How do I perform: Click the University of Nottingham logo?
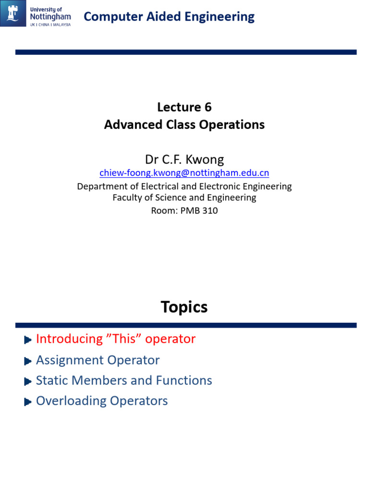pyautogui.click(x=36, y=13)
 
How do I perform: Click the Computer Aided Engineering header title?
pyautogui.click(x=169, y=17)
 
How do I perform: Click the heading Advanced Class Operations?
pyautogui.click(x=184, y=125)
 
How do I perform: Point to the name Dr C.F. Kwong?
pyautogui.click(x=184, y=159)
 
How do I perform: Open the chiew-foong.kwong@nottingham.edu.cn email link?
pyautogui.click(x=184, y=173)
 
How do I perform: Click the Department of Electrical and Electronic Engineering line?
pyautogui.click(x=184, y=186)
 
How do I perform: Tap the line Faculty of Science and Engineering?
pyautogui.click(x=184, y=198)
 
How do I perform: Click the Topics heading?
pyautogui.click(x=184, y=307)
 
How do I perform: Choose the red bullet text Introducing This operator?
pyautogui.click(x=116, y=339)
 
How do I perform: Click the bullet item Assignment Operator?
pyautogui.click(x=98, y=360)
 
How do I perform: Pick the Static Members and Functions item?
pyautogui.click(x=124, y=380)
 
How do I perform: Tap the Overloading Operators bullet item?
pyautogui.click(x=102, y=401)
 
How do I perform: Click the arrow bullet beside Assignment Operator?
pyautogui.click(x=28, y=361)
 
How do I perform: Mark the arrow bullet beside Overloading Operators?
pyautogui.click(x=28, y=402)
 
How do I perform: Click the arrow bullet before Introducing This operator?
pyautogui.click(x=28, y=340)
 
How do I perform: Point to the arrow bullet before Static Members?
pyautogui.click(x=28, y=382)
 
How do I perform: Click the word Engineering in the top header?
pyautogui.click(x=224, y=17)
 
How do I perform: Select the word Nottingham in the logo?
pyautogui.click(x=49, y=16)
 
